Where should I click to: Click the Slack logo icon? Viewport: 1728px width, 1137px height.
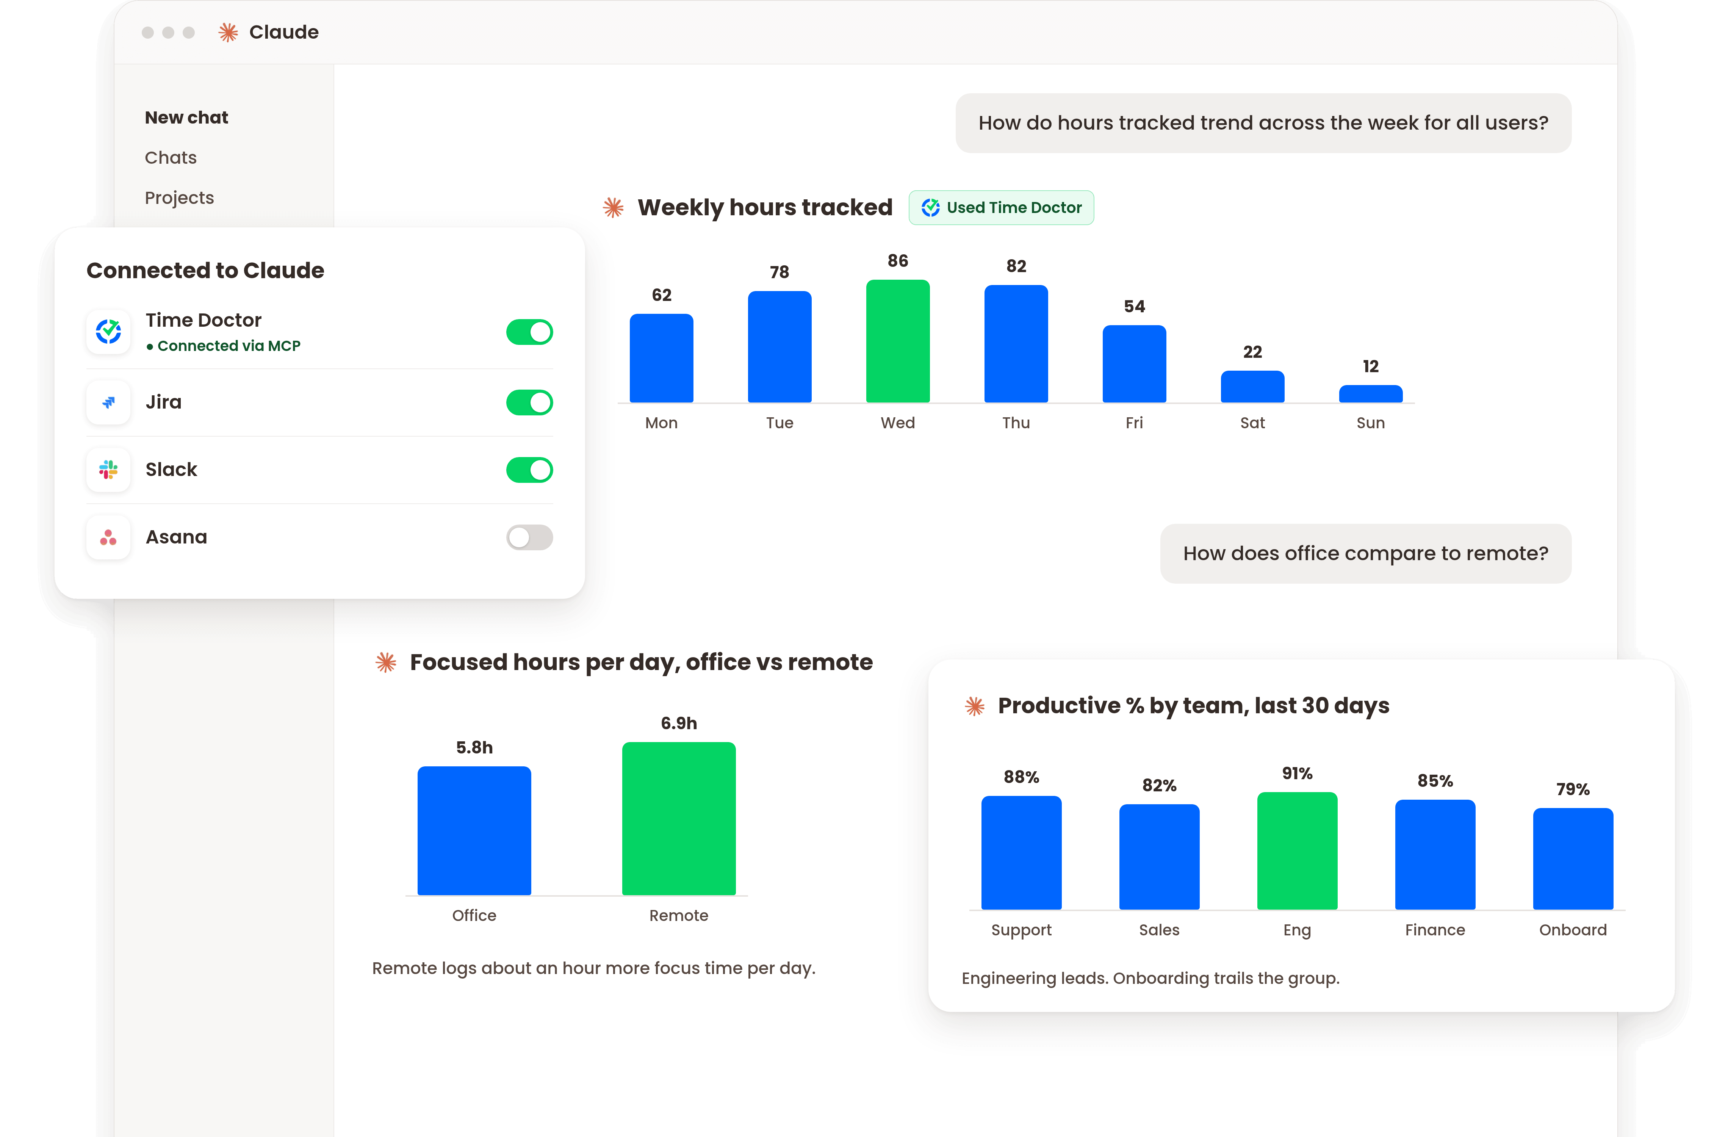108,470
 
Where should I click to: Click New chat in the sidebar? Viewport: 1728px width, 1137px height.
186,117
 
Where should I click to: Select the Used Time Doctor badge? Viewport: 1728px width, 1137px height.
1001,208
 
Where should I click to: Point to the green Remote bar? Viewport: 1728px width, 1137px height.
679,818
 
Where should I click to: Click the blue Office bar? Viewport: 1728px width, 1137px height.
474,831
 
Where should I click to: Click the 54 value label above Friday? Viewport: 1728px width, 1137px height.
1134,306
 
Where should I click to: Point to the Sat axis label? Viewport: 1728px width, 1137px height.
1252,423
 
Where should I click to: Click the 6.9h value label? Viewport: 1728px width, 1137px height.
679,723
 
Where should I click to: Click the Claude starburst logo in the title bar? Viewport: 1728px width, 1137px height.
228,32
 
